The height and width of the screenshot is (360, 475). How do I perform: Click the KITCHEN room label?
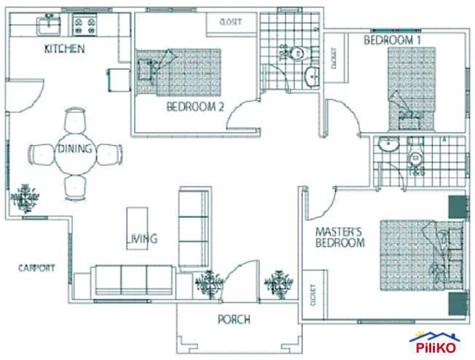pyautogui.click(x=65, y=50)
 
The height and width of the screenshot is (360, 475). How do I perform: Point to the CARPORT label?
pyautogui.click(x=36, y=267)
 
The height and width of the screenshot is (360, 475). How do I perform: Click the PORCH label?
pyautogui.click(x=234, y=319)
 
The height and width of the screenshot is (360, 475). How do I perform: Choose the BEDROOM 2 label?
pyautogui.click(x=195, y=107)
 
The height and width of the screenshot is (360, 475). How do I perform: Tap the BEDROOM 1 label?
pyautogui.click(x=393, y=40)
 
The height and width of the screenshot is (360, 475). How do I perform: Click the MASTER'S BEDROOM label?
pyautogui.click(x=339, y=238)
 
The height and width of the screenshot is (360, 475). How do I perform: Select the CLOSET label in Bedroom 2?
pyautogui.click(x=233, y=23)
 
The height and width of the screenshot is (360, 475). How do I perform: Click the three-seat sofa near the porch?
pyautogui.click(x=133, y=279)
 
